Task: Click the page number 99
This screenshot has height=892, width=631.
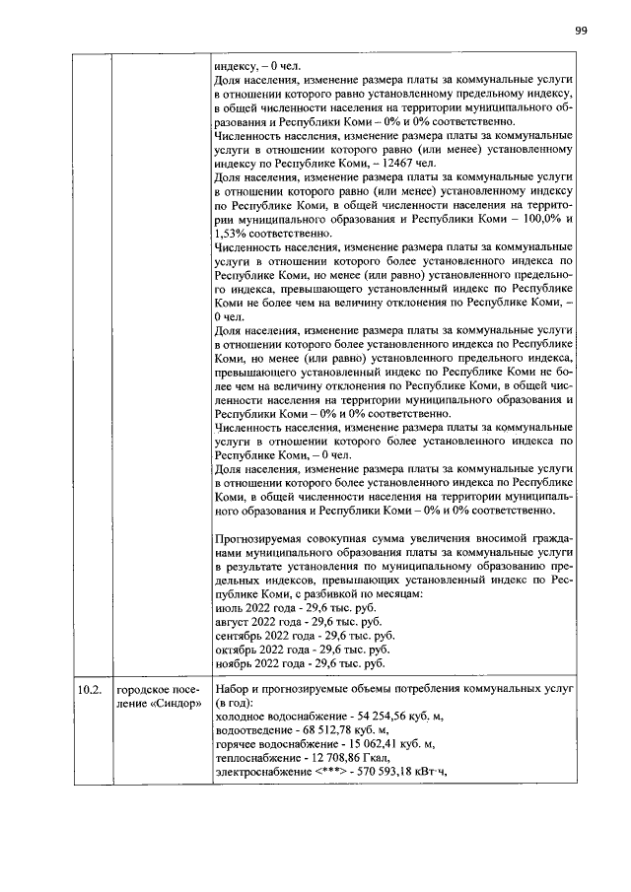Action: (582, 31)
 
